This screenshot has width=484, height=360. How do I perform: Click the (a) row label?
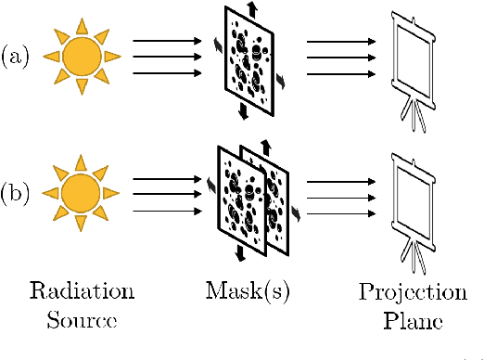pos(16,57)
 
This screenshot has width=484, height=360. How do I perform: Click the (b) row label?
pos(17,195)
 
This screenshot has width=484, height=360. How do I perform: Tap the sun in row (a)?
pos(82,57)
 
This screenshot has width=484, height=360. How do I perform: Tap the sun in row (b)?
pos(82,195)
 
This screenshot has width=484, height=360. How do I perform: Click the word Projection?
pos(413,293)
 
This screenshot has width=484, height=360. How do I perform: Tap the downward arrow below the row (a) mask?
pos(242,111)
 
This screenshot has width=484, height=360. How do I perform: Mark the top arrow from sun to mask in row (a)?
pos(167,41)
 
